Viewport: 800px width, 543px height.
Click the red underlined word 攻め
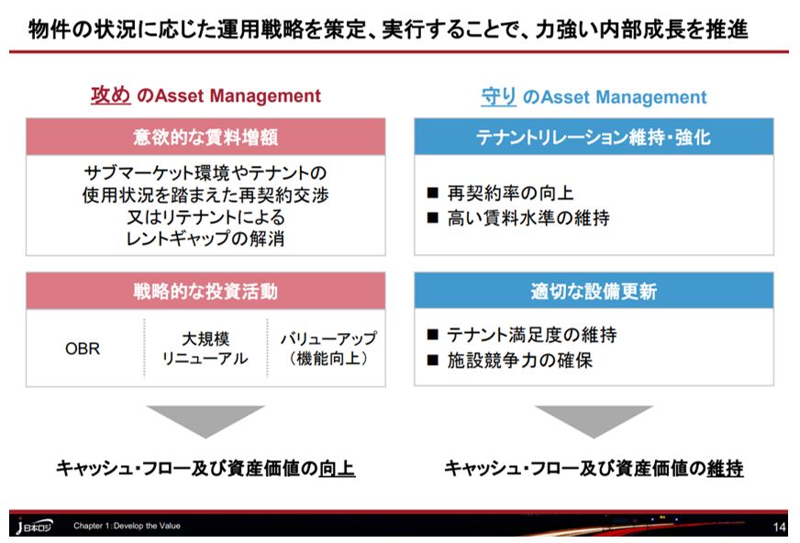pos(110,95)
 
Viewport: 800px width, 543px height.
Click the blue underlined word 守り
pos(499,96)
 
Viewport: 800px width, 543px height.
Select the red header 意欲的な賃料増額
pos(206,137)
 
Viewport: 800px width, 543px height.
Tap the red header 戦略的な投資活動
pos(206,292)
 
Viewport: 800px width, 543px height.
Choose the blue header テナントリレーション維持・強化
pos(594,137)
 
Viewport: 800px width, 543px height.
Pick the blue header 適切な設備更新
pos(594,292)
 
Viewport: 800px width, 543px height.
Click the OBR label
pos(83,349)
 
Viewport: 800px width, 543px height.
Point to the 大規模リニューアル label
pos(205,349)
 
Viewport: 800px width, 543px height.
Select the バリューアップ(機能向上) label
pos(328,349)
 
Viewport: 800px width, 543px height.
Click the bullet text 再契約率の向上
pos(510,194)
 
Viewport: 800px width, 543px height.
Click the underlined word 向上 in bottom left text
pos(337,469)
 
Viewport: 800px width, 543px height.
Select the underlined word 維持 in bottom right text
pos(725,469)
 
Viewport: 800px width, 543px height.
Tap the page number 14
pos(780,526)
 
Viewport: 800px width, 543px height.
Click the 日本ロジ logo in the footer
pos(35,526)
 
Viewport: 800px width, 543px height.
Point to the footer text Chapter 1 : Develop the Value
pos(127,526)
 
